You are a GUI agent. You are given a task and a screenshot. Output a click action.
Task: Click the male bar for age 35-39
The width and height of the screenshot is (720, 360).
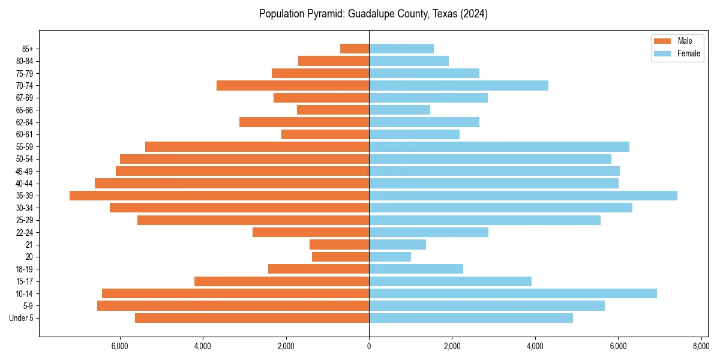point(219,196)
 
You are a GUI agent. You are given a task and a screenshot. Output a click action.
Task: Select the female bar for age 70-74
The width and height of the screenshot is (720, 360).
point(458,86)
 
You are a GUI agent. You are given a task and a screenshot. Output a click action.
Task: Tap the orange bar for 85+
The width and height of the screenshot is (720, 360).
point(355,49)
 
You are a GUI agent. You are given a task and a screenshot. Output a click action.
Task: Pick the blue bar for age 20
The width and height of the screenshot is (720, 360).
point(390,257)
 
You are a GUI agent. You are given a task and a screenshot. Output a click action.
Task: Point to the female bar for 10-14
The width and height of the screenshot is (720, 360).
point(513,293)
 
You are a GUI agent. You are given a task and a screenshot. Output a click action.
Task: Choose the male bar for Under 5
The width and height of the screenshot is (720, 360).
point(252,318)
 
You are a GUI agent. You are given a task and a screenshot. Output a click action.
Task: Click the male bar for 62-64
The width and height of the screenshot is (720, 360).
point(304,122)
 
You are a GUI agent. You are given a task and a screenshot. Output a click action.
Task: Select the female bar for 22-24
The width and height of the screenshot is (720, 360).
point(428,232)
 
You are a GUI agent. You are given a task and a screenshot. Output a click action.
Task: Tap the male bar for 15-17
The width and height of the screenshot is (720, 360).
point(281,281)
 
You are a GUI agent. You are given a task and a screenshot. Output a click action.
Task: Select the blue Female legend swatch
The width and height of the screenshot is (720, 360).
point(662,54)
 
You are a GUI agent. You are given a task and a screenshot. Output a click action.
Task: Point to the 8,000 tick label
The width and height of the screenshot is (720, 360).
point(701,346)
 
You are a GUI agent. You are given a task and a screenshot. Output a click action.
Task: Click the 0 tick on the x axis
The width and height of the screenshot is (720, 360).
point(369,346)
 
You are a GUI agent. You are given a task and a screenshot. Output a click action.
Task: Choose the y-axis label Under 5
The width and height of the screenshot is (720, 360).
point(22,318)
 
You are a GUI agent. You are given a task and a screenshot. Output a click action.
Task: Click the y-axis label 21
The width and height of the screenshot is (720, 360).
point(29,245)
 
